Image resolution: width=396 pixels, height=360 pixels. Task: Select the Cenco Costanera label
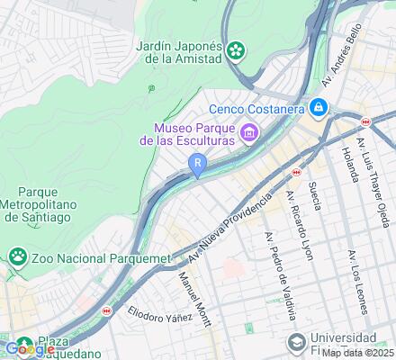261,108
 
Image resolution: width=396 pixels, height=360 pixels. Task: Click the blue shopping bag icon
318,108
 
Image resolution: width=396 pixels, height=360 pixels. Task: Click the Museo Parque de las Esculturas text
187,134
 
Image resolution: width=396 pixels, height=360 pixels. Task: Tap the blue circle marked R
197,163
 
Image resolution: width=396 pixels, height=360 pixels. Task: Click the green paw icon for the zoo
18,258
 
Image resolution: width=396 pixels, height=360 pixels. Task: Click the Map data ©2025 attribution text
357,353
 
